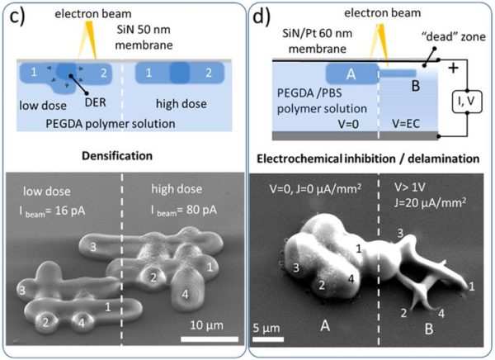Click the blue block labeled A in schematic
[351, 75]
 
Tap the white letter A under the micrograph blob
[325, 326]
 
